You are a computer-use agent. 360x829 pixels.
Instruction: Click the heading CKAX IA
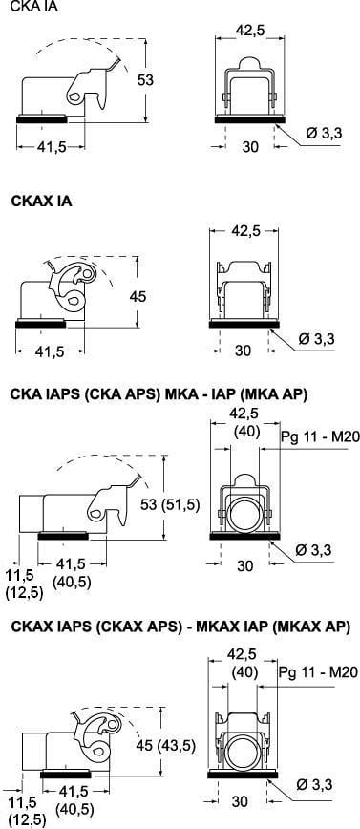[x=41, y=202]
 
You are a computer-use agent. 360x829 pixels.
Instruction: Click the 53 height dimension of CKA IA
[x=145, y=80]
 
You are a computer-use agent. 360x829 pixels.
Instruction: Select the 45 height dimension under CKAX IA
[x=138, y=296]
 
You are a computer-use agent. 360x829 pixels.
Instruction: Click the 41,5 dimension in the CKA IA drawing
[x=52, y=147]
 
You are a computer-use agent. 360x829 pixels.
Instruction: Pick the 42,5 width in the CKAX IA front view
[x=244, y=231]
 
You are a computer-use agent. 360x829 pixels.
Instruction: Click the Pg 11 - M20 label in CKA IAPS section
[x=320, y=436]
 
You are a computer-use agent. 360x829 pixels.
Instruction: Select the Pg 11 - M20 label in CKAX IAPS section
[x=318, y=672]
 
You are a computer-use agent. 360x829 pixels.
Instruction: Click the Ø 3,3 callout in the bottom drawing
[x=314, y=785]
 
